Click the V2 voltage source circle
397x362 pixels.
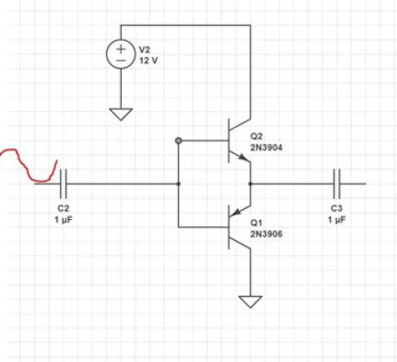(120, 56)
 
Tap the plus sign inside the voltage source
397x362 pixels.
(120, 49)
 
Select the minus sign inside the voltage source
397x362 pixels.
(120, 64)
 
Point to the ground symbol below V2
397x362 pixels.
(120, 112)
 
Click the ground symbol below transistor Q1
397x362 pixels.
(251, 301)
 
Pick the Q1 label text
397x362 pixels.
(258, 222)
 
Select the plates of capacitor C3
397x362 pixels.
(337, 184)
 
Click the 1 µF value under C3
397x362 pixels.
(336, 218)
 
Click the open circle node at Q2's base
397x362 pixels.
(178, 140)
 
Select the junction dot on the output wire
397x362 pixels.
(251, 184)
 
